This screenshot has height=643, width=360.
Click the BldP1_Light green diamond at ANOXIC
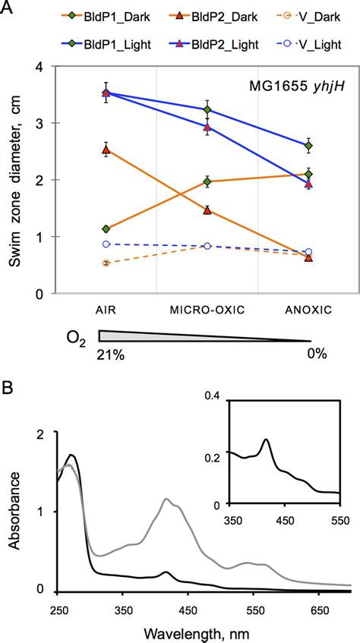click(308, 146)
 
